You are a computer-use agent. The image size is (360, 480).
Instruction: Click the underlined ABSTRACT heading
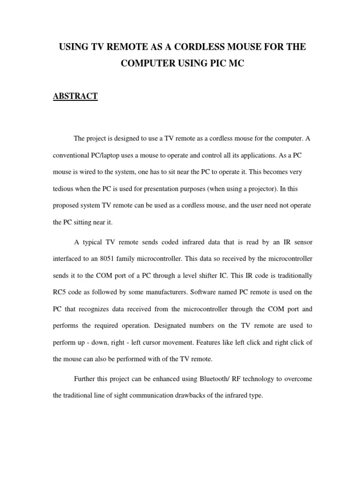click(x=75, y=96)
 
